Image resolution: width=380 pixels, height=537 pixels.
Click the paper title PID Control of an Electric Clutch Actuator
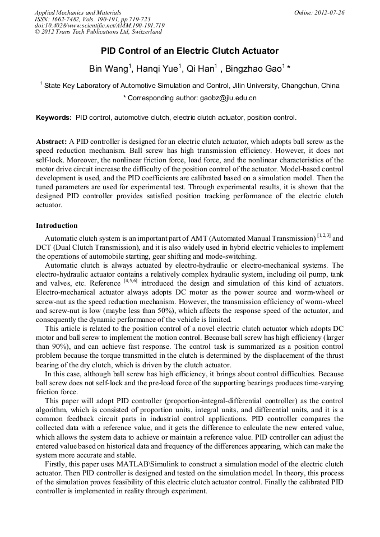(x=189, y=51)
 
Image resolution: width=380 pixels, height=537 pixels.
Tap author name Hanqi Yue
(x=158, y=69)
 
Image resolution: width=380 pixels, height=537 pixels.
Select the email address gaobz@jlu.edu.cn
(x=220, y=98)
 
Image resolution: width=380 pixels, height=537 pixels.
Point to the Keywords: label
(x=54, y=118)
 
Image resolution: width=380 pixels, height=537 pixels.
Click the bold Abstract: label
(x=52, y=142)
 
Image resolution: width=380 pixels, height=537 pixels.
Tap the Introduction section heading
(x=57, y=226)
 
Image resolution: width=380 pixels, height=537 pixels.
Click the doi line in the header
(x=99, y=26)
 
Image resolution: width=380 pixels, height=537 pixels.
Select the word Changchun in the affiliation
(x=303, y=86)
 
